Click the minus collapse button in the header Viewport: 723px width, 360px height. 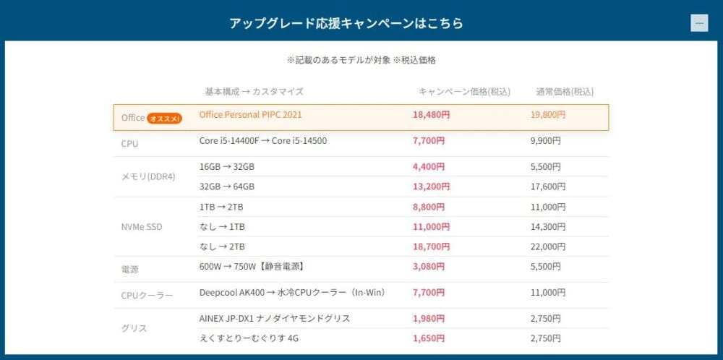click(x=698, y=23)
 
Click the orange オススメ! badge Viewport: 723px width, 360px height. click(x=165, y=118)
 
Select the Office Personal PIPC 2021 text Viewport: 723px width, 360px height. click(x=250, y=114)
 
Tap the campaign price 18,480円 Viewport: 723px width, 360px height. click(x=432, y=114)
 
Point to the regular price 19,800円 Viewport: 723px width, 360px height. click(x=548, y=114)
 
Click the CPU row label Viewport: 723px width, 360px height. click(x=129, y=144)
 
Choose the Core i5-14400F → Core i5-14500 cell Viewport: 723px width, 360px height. click(x=262, y=140)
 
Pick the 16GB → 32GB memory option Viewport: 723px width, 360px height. click(x=226, y=166)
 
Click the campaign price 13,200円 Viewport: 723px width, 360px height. click(x=432, y=187)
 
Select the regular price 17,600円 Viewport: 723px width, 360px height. click(x=548, y=187)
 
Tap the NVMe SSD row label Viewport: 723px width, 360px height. click(x=142, y=227)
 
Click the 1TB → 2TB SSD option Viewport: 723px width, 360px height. click(x=221, y=207)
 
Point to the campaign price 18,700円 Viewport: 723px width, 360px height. click(x=432, y=247)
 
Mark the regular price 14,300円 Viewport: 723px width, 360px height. click(x=548, y=227)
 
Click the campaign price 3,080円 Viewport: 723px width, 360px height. click(x=429, y=266)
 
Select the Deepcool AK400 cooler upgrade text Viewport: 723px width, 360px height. click(x=291, y=293)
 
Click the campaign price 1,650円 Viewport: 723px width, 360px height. click(x=429, y=338)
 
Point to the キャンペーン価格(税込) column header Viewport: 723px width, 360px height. click(x=464, y=92)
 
